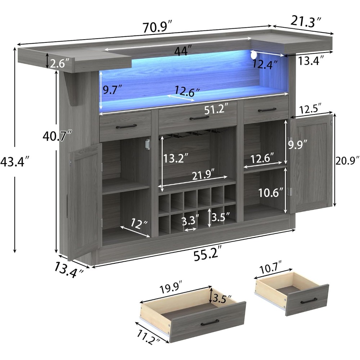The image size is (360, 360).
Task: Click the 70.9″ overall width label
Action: pos(157,26)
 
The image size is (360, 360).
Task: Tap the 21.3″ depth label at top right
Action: pos(306,22)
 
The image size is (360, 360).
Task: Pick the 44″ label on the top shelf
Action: pos(181,51)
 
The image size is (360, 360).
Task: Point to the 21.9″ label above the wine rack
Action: pos(205,175)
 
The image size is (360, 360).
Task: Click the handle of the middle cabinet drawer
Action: pos(199,118)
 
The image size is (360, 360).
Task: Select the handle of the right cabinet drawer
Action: pos(267,110)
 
